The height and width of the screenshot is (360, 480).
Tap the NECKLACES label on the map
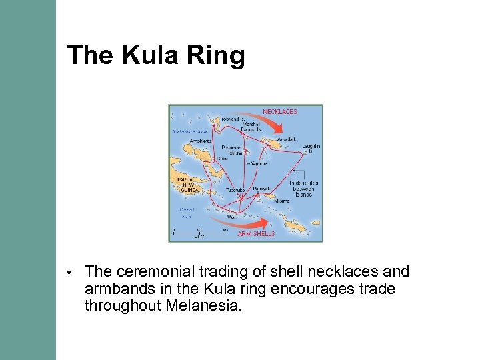pos(279,111)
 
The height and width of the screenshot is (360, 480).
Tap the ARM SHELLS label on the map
pos(256,234)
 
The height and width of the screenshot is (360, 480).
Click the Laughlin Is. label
pos(311,148)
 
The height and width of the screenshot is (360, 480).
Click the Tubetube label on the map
pos(235,190)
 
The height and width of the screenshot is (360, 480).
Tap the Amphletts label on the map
pos(200,141)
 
